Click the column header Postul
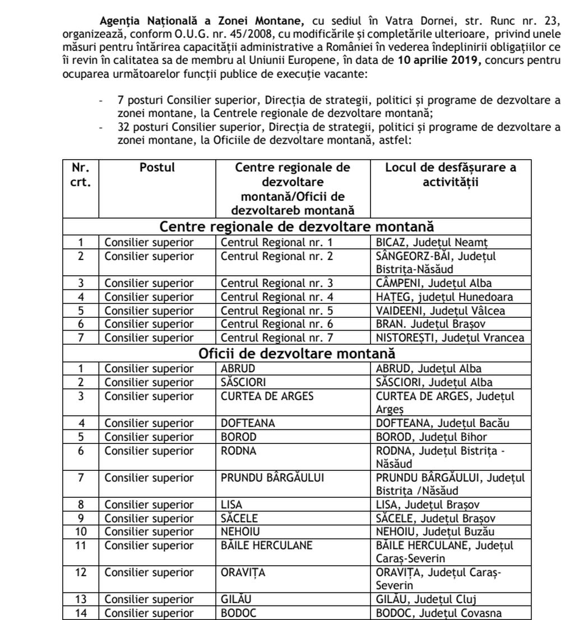(157, 167)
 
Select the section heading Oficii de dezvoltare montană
(297, 354)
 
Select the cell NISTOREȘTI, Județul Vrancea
(450, 337)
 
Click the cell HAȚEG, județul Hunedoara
(445, 297)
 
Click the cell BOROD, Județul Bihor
(432, 437)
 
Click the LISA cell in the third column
(232, 504)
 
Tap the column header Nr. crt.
(81, 174)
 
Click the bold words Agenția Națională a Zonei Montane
(201, 21)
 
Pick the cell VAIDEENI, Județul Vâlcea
(441, 311)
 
